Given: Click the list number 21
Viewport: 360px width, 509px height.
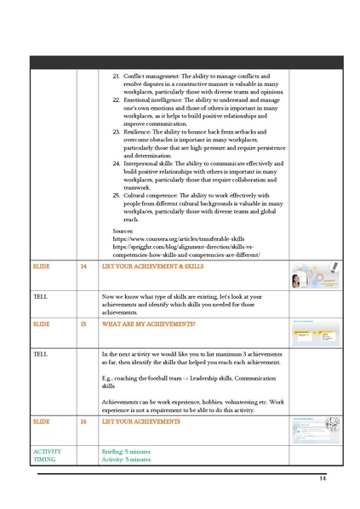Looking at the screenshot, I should tap(117, 77).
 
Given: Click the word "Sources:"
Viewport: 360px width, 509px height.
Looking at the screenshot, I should tap(124, 232).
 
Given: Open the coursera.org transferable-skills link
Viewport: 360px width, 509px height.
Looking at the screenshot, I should tap(179, 240).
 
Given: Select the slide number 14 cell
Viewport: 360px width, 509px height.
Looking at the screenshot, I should tap(83, 267).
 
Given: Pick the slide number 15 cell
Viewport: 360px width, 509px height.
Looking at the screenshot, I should tap(83, 324).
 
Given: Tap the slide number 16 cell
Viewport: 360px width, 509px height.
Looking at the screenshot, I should tap(83, 421).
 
